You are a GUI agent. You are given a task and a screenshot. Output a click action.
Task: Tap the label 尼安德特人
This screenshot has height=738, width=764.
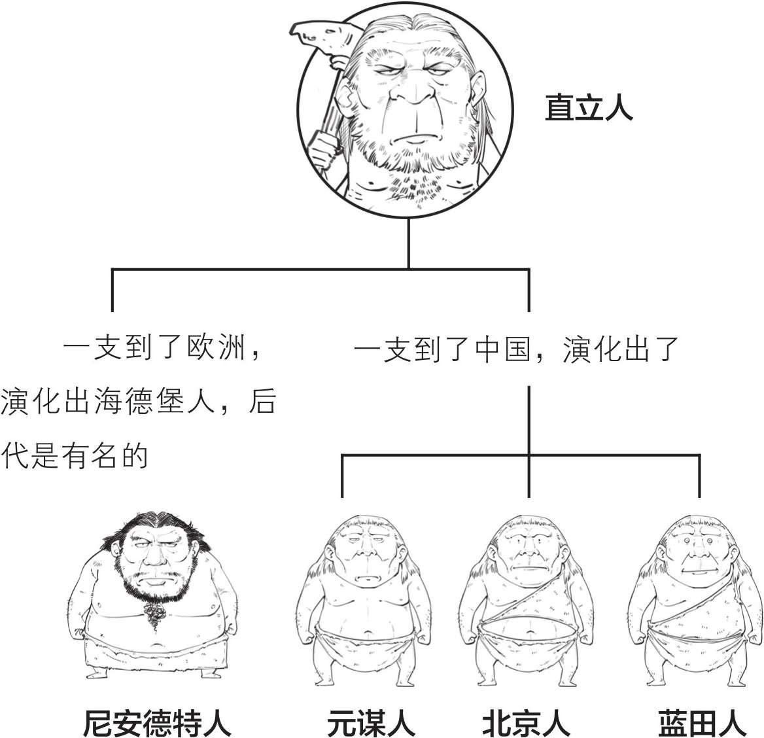click(157, 720)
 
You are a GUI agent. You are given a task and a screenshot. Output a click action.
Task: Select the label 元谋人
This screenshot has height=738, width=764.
click(371, 720)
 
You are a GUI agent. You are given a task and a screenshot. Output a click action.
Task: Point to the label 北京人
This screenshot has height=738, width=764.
click(526, 720)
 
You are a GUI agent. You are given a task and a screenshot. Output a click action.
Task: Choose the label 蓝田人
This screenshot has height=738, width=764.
click(702, 720)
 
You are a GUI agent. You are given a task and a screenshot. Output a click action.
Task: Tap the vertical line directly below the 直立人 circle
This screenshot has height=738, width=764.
click(409, 242)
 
